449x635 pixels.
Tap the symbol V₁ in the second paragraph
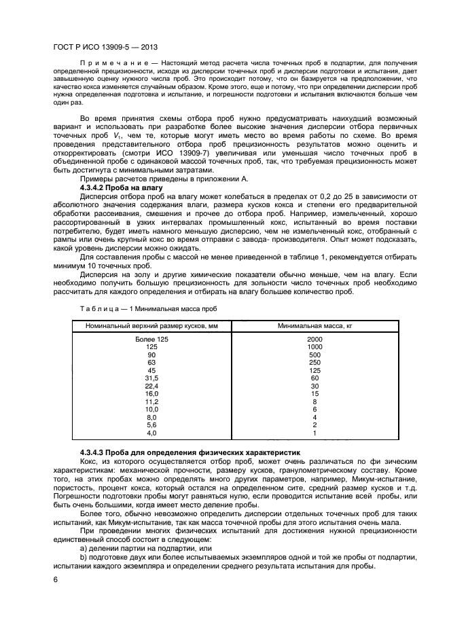tap(153, 137)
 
